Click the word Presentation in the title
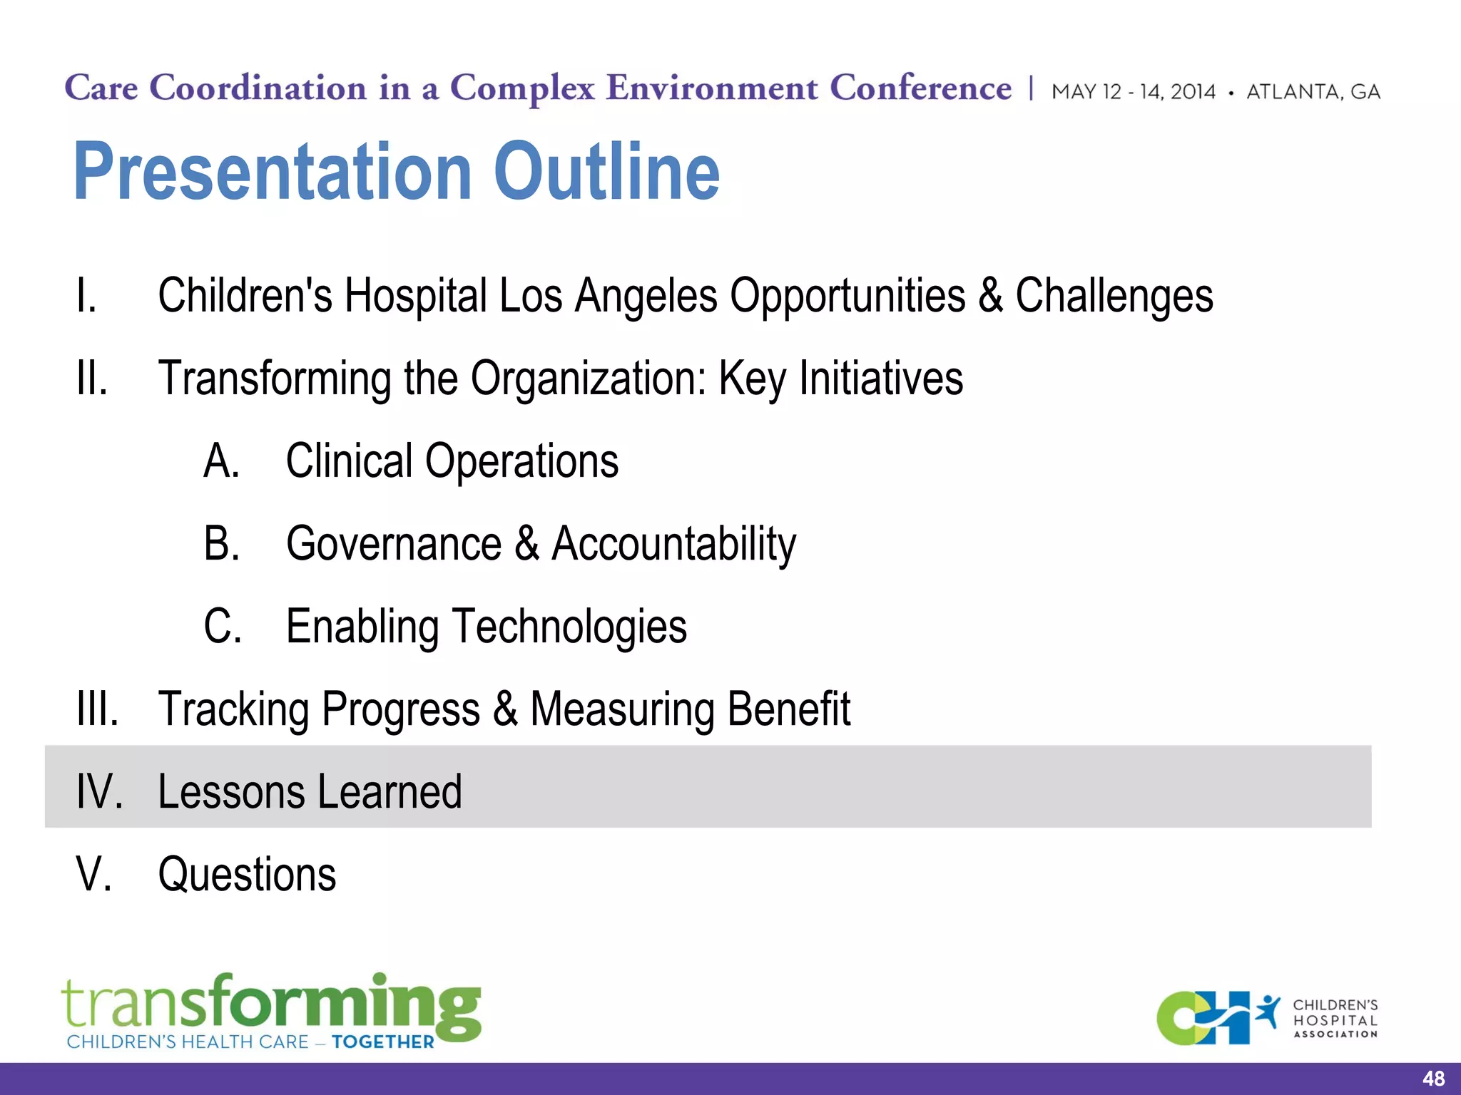point(272,171)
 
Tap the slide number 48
point(1433,1079)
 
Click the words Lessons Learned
point(310,791)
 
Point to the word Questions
point(247,874)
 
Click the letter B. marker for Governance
point(222,543)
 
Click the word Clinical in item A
point(349,461)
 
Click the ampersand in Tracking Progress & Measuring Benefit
point(505,708)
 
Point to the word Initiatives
point(880,379)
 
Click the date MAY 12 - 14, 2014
point(1133,92)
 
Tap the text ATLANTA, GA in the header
point(1313,92)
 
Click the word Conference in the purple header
point(920,88)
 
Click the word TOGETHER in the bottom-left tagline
point(382,1042)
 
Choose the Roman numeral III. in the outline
point(98,709)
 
